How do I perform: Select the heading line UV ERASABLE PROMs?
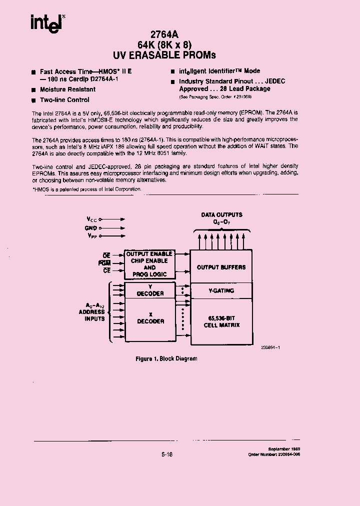(x=164, y=55)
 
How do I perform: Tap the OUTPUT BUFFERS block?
(x=221, y=267)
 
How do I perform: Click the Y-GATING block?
(x=221, y=290)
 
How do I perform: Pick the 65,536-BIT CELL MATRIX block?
(x=221, y=321)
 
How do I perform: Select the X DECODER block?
(x=150, y=318)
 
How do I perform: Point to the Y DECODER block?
(x=150, y=290)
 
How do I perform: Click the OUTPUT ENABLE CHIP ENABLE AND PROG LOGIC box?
(x=149, y=264)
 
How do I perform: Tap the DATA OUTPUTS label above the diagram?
(x=221, y=215)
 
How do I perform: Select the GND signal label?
(x=90, y=228)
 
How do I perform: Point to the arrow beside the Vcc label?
(x=112, y=219)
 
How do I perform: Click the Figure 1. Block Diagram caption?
(x=166, y=358)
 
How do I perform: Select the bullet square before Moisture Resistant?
(x=33, y=90)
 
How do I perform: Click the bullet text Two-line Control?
(x=64, y=100)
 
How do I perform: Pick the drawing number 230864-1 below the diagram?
(x=269, y=347)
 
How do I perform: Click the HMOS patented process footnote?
(x=87, y=189)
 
